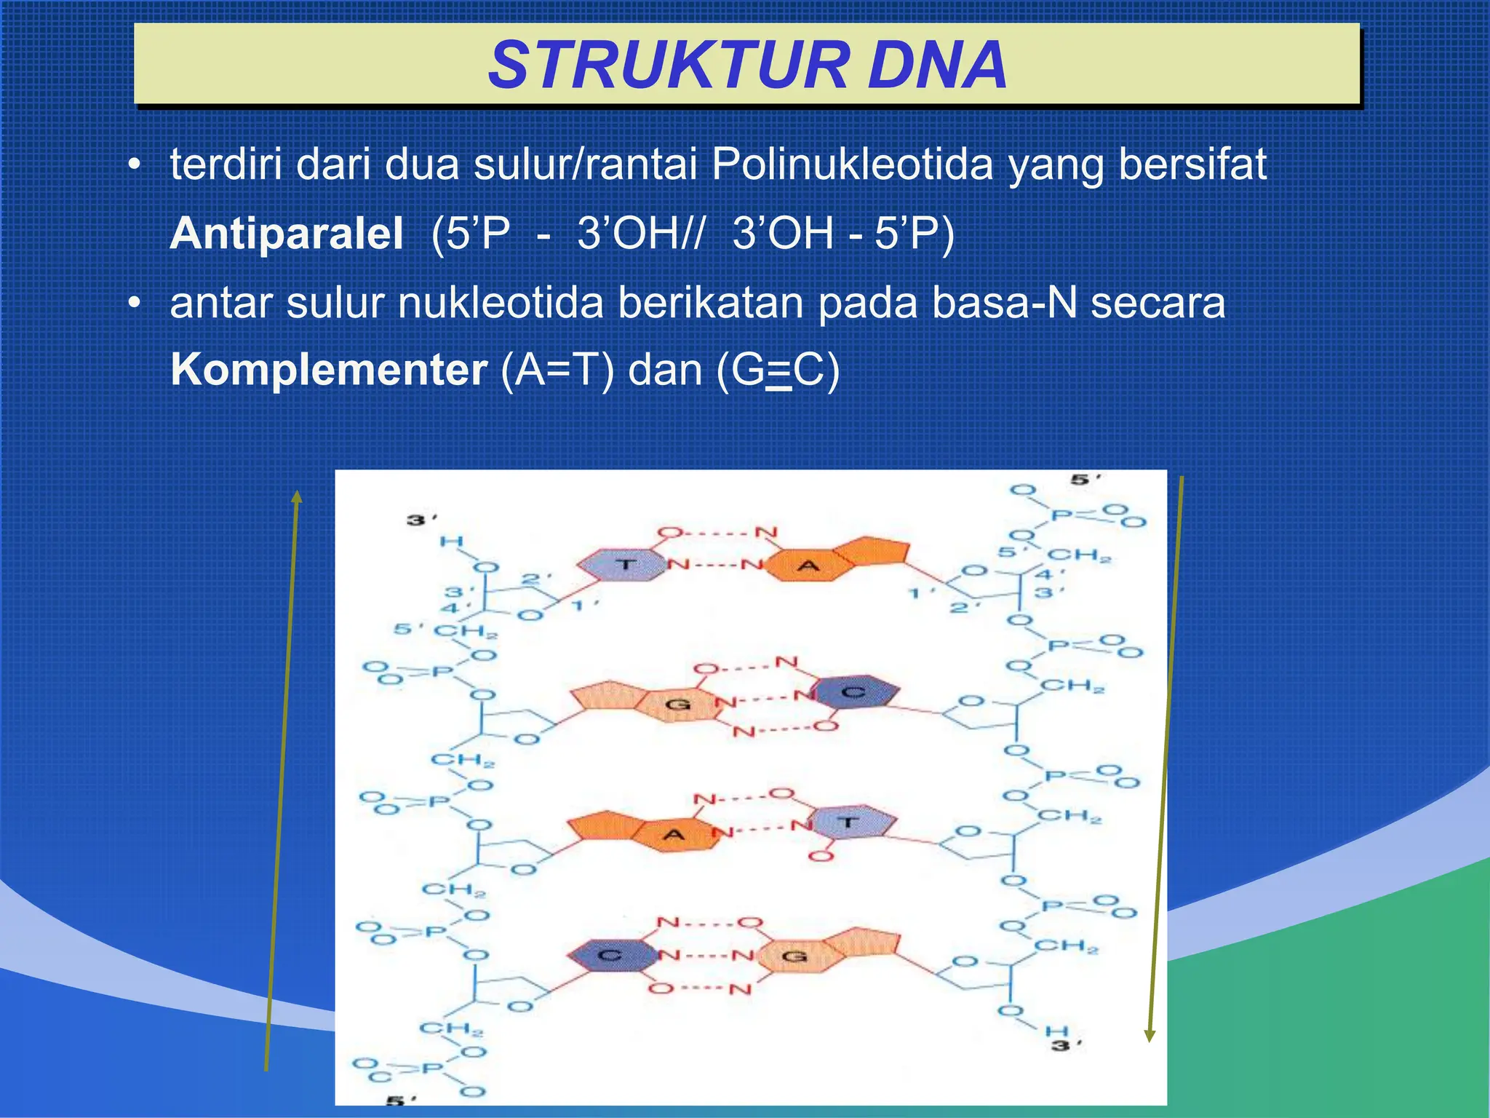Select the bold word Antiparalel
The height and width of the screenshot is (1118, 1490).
click(287, 234)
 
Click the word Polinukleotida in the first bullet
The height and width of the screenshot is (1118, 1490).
click(852, 164)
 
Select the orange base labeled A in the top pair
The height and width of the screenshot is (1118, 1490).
click(808, 566)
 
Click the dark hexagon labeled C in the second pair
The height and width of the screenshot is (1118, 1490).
click(853, 692)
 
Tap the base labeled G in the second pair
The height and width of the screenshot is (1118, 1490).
click(678, 704)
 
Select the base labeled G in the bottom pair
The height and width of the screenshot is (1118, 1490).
click(794, 956)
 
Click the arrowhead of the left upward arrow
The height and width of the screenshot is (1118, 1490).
click(296, 497)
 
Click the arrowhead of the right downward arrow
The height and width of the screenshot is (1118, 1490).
click(1150, 1034)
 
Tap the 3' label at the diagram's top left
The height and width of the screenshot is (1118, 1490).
click(420, 520)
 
